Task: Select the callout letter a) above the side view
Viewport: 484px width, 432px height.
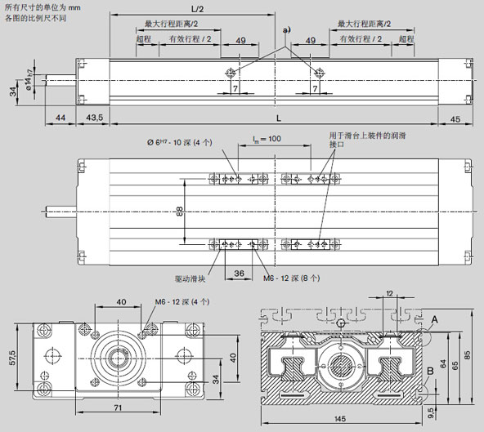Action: [x=285, y=30]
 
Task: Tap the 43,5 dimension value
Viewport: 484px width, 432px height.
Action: [x=96, y=118]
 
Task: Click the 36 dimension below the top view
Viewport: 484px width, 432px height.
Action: [x=240, y=273]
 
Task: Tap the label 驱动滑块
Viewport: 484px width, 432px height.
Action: [x=190, y=278]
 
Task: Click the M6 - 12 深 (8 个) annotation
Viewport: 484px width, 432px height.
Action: [x=291, y=278]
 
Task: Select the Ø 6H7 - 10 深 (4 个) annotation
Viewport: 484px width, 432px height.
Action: [x=174, y=143]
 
